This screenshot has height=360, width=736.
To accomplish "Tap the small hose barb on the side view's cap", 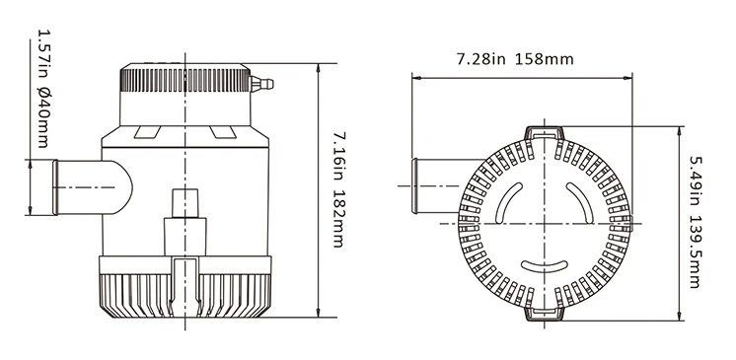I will (x=259, y=85).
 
